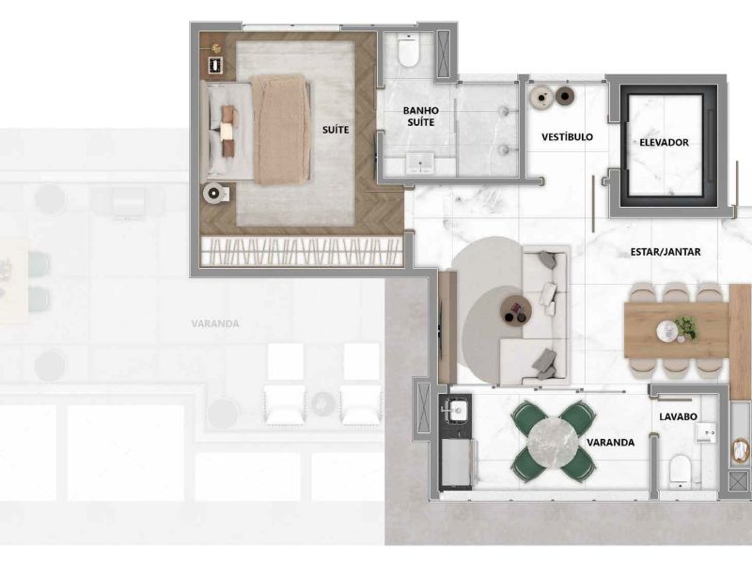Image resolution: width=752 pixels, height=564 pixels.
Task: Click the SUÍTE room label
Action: coord(336,130)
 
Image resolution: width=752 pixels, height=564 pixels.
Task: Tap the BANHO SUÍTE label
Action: coord(420,117)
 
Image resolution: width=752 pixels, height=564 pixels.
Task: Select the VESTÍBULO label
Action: coord(568,137)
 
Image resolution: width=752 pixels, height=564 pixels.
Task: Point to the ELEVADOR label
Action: coord(664,143)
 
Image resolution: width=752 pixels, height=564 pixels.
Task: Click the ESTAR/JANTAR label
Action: coord(666,252)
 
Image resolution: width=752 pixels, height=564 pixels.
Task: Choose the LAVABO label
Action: coord(678,416)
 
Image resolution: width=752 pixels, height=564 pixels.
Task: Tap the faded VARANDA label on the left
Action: coord(215,323)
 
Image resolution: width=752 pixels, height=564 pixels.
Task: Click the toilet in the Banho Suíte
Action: coord(408,50)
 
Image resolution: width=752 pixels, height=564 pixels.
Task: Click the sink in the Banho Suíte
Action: coord(419,164)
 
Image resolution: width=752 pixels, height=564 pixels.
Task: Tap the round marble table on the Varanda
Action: coord(552,441)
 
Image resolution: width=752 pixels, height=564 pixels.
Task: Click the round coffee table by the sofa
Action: coord(516,310)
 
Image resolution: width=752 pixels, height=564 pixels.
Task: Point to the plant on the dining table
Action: coord(685,327)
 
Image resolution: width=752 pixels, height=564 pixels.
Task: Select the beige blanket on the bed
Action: coord(281,130)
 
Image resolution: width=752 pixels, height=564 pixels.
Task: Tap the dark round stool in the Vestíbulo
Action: coord(566,96)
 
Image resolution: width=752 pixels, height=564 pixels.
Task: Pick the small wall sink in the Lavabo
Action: coord(706,433)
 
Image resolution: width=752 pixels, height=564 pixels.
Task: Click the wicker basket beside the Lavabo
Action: coord(742,452)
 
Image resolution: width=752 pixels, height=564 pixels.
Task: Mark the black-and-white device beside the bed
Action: coord(216,65)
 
